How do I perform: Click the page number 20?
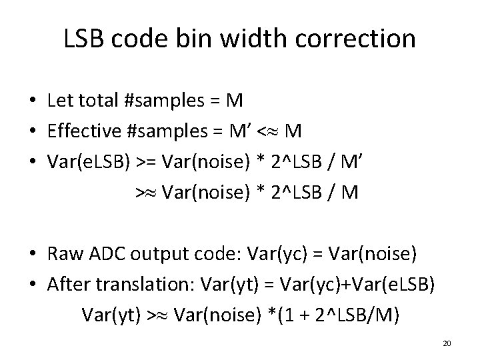coord(447,343)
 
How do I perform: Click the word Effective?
coord(84,131)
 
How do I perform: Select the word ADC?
coord(103,254)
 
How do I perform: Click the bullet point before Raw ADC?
coord(33,255)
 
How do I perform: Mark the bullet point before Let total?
coord(33,101)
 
